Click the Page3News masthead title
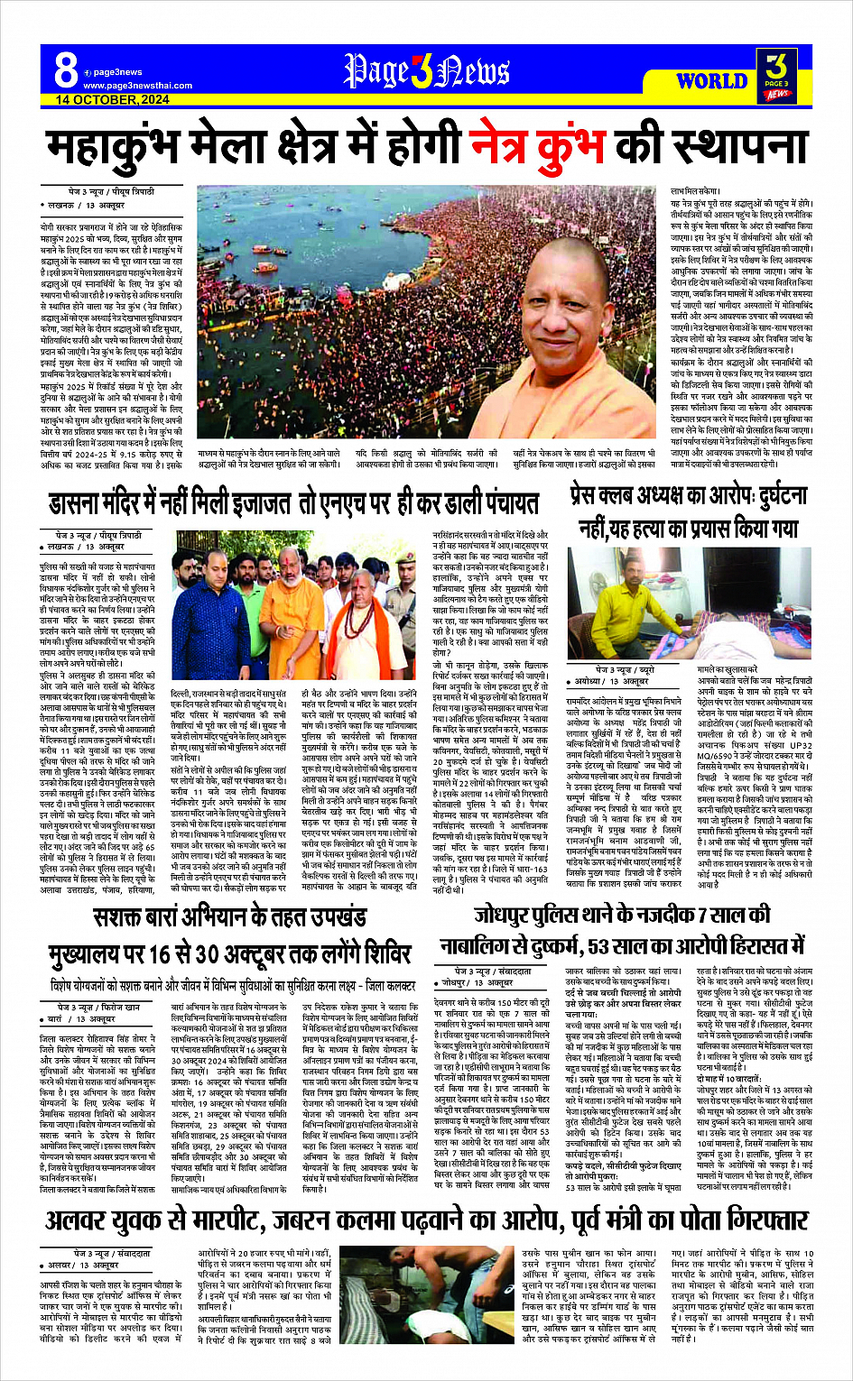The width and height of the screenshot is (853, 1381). tap(426, 70)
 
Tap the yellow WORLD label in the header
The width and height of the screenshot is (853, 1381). tap(711, 81)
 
